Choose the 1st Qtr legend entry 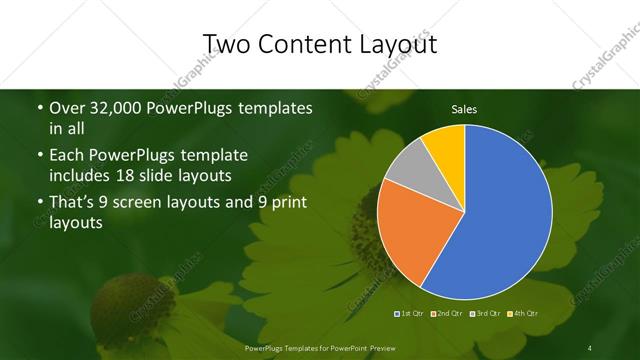410,314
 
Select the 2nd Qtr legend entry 449,314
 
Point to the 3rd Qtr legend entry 487,314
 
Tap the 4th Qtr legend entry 525,314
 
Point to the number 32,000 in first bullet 118,108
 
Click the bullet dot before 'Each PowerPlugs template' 39,156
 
